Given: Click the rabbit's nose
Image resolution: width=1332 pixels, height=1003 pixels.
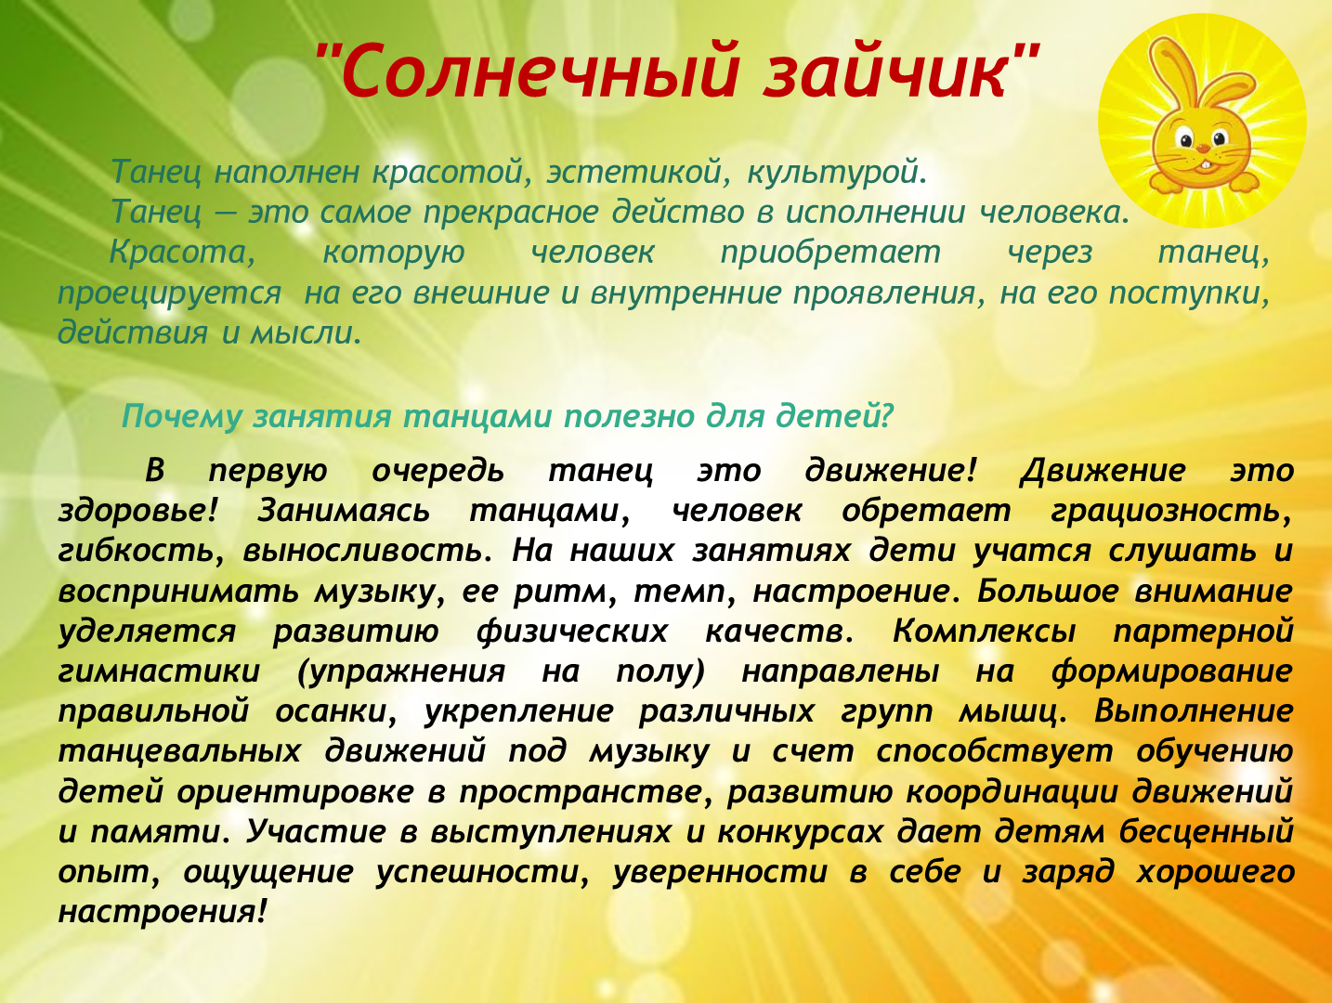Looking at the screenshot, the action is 1203,148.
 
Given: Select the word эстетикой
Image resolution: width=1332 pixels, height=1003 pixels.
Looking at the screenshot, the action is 635,172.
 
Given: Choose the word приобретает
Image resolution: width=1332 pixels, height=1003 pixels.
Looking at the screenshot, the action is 830,254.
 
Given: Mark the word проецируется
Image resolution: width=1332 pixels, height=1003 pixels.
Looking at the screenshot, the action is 170,294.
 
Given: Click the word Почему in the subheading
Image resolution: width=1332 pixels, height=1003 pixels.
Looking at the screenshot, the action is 182,417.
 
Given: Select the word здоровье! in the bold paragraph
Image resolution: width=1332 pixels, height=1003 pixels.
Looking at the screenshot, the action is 137,511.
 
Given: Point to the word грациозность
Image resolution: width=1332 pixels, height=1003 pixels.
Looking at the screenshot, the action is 1171,512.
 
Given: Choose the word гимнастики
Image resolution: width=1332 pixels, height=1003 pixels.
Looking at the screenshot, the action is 159,671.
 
